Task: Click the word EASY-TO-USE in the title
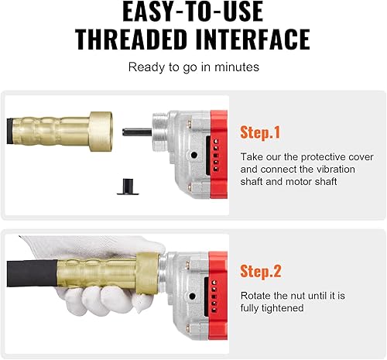[193, 13]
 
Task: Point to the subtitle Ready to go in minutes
[193, 67]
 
